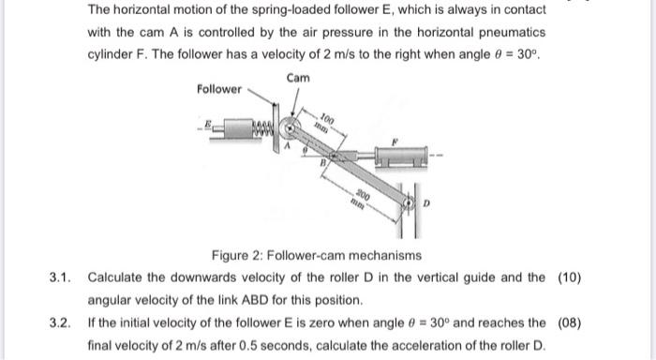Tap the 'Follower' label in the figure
[219, 90]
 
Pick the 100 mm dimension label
[324, 120]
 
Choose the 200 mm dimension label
[362, 195]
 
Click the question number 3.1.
[60, 277]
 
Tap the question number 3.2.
[60, 323]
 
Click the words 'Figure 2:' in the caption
[238, 255]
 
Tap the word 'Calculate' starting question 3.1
[117, 277]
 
